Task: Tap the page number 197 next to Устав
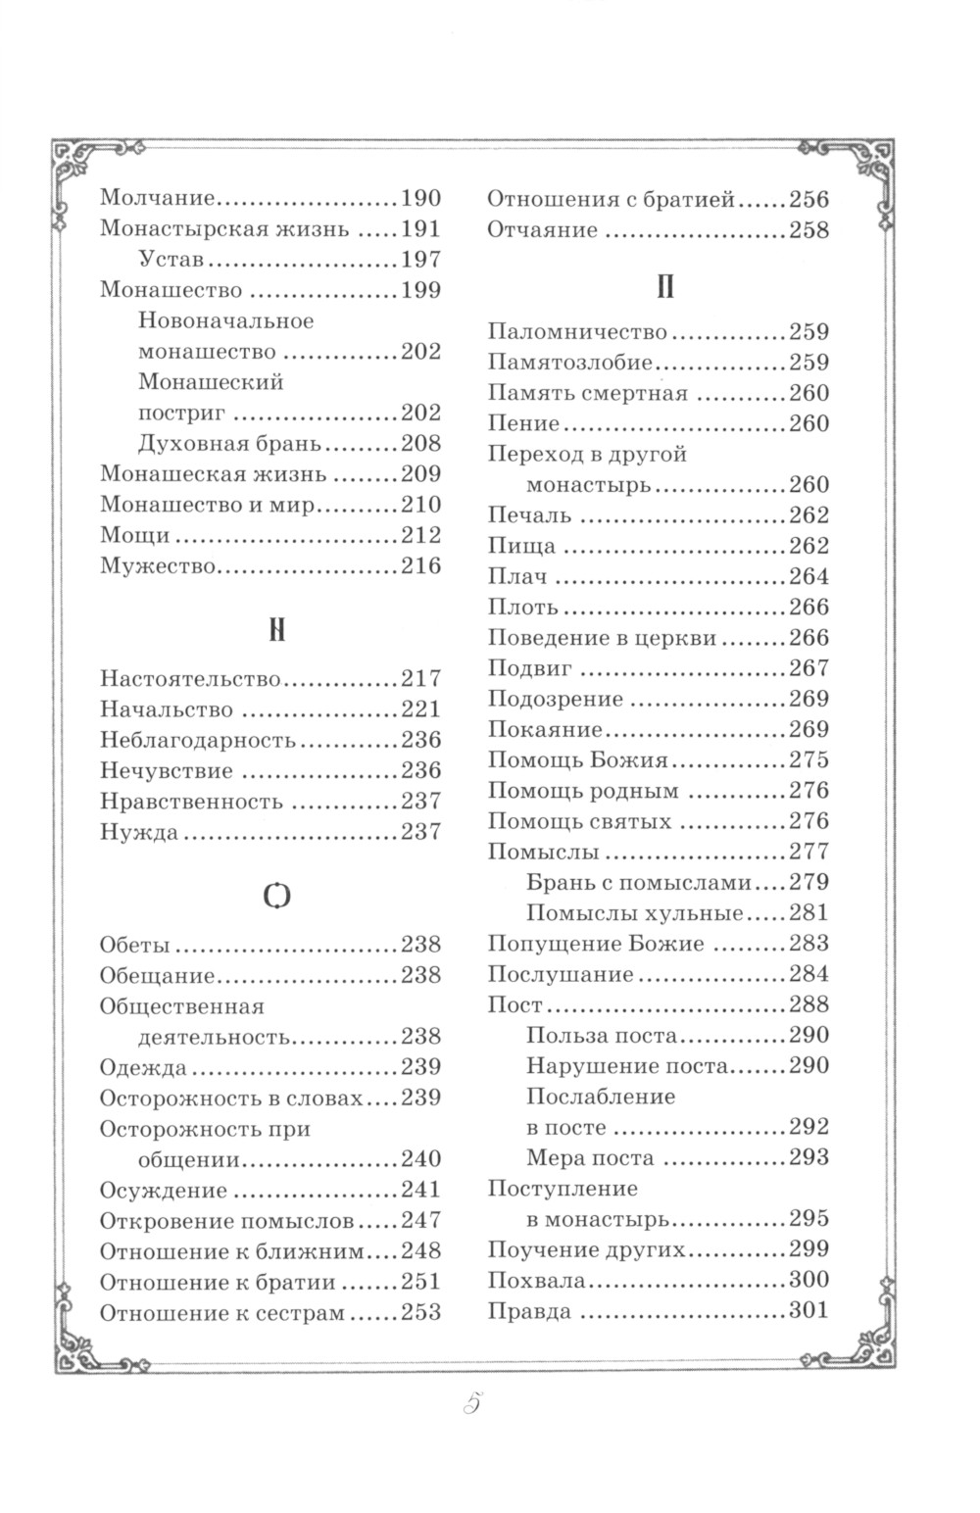coord(421,261)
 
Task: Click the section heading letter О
coord(277,895)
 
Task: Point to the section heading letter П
coord(664,288)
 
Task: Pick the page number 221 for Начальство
coord(421,709)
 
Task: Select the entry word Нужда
coord(139,833)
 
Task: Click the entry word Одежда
coord(143,1067)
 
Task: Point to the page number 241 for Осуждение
coord(421,1191)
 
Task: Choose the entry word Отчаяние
coord(543,231)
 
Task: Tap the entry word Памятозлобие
coord(570,363)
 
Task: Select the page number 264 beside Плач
coord(808,576)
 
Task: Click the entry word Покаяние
coord(545,730)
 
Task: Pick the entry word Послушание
coord(561,975)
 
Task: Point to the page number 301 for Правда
coord(808,1311)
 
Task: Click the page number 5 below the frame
coord(469,1404)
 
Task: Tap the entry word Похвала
coord(537,1281)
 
